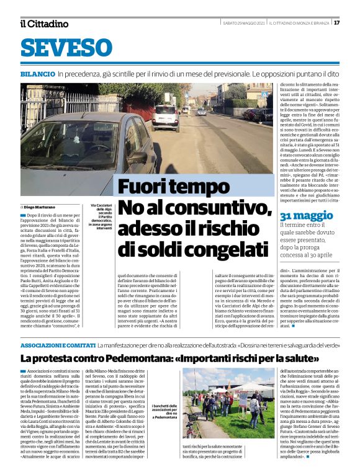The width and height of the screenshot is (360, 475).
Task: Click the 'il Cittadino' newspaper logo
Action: [44, 24]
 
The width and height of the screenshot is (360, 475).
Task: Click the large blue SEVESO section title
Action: [66, 48]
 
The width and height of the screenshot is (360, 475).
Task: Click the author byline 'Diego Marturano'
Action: [42, 206]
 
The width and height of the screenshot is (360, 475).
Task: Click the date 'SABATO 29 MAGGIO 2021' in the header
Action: [244, 24]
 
